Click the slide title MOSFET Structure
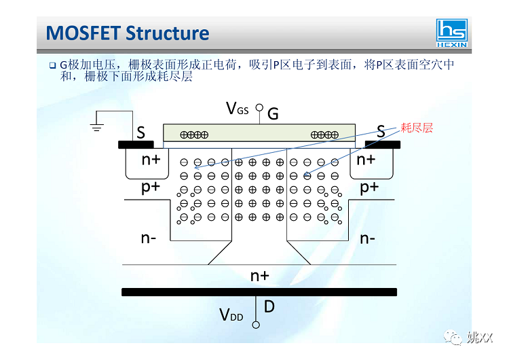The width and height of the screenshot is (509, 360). [x=127, y=33]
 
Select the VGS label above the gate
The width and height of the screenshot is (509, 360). [x=237, y=108]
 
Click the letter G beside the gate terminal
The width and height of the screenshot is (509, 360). [x=273, y=113]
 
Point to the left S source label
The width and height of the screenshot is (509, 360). [x=140, y=132]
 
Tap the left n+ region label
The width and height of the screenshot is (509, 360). [x=151, y=160]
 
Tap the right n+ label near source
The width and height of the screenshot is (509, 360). [x=366, y=160]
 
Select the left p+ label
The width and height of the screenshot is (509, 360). [x=151, y=187]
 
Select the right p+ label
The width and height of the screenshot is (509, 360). [x=369, y=187]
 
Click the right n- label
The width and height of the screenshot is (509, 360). [x=369, y=238]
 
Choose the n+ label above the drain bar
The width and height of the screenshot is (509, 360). [x=259, y=275]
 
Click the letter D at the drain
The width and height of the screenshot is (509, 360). [x=269, y=306]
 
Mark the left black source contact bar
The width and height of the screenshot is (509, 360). [x=136, y=144]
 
